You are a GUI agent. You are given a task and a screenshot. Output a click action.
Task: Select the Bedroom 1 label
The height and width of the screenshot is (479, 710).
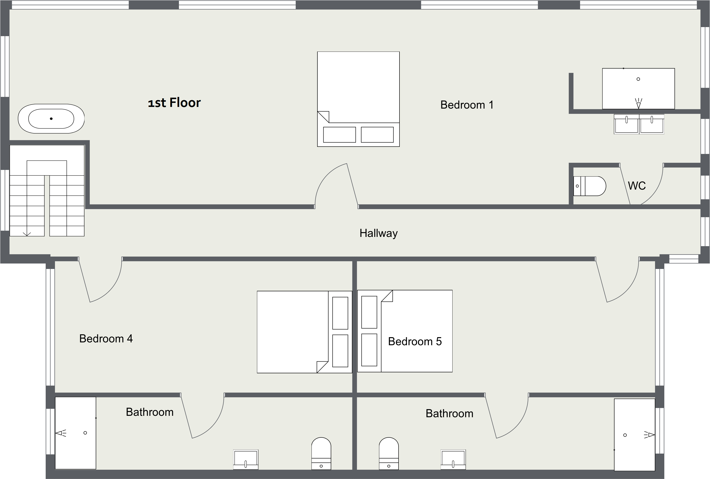(x=467, y=105)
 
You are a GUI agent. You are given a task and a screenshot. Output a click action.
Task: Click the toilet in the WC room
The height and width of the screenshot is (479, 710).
(x=590, y=186)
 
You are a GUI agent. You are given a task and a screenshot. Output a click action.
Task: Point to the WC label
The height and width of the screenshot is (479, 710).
(x=637, y=186)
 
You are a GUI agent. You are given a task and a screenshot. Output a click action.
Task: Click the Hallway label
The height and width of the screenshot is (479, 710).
(x=379, y=233)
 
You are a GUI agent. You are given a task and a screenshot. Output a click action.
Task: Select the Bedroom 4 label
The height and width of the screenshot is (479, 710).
(x=106, y=339)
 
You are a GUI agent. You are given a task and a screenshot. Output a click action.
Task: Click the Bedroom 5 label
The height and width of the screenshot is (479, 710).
(x=415, y=341)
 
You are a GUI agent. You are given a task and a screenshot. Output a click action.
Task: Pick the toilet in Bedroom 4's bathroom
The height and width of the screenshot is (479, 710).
(x=321, y=454)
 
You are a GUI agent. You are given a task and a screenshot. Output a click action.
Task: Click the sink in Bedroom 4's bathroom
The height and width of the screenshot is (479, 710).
(x=246, y=460)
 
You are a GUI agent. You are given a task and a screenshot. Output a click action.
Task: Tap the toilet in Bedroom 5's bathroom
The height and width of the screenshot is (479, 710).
(x=389, y=454)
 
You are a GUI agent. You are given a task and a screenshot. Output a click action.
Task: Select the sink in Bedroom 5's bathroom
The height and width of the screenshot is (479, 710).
(x=453, y=460)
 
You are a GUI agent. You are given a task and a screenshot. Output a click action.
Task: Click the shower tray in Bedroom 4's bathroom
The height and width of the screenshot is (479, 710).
(x=75, y=433)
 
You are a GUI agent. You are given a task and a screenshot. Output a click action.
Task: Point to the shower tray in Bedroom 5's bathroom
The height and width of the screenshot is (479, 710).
(x=635, y=435)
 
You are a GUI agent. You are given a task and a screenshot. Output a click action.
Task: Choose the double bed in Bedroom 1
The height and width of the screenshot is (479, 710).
(x=358, y=99)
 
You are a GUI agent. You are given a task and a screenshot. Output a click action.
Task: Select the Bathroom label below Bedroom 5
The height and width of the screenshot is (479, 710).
(x=449, y=414)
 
